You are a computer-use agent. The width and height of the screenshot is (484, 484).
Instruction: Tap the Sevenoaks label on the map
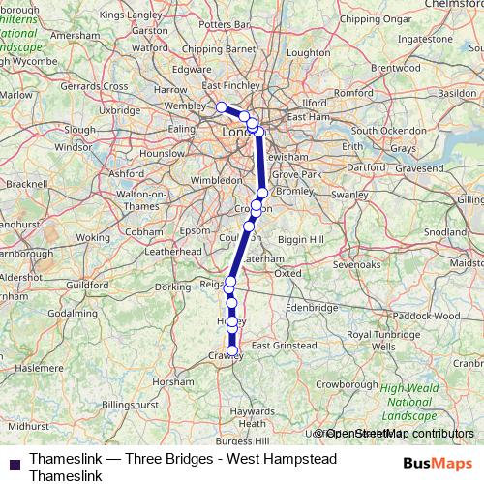tap(355, 263)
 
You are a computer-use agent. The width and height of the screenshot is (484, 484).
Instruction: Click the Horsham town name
tap(180, 382)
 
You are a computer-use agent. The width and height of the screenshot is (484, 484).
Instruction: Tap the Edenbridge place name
tap(310, 307)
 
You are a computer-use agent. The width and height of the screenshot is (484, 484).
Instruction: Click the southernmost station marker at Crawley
tap(232, 350)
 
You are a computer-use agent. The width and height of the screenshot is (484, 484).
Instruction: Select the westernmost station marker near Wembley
tap(222, 106)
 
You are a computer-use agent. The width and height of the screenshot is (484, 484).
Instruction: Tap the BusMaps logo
tap(438, 463)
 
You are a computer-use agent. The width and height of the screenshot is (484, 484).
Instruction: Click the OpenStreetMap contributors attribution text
tap(395, 434)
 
